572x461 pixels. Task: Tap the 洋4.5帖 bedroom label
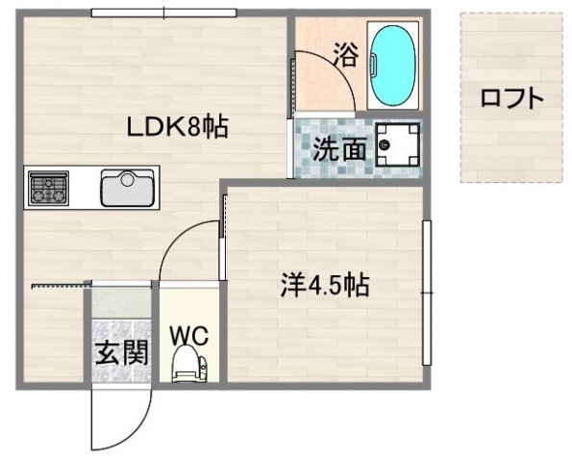click(x=325, y=285)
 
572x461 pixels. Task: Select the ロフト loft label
click(x=511, y=98)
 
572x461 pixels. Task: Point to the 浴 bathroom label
click(x=344, y=55)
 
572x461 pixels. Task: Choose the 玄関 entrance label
click(x=121, y=352)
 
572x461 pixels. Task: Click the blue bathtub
click(x=392, y=65)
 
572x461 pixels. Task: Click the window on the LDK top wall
click(x=164, y=13)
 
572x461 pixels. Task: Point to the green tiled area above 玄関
click(x=120, y=310)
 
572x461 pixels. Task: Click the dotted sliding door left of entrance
click(x=59, y=284)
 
